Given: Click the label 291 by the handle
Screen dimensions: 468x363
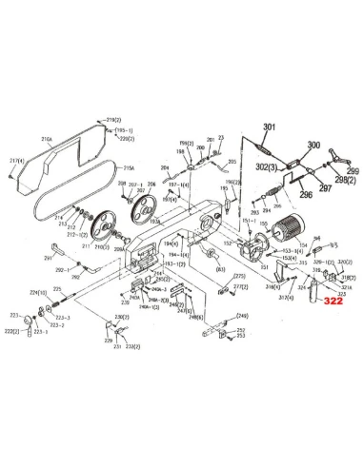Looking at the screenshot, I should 48,258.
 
